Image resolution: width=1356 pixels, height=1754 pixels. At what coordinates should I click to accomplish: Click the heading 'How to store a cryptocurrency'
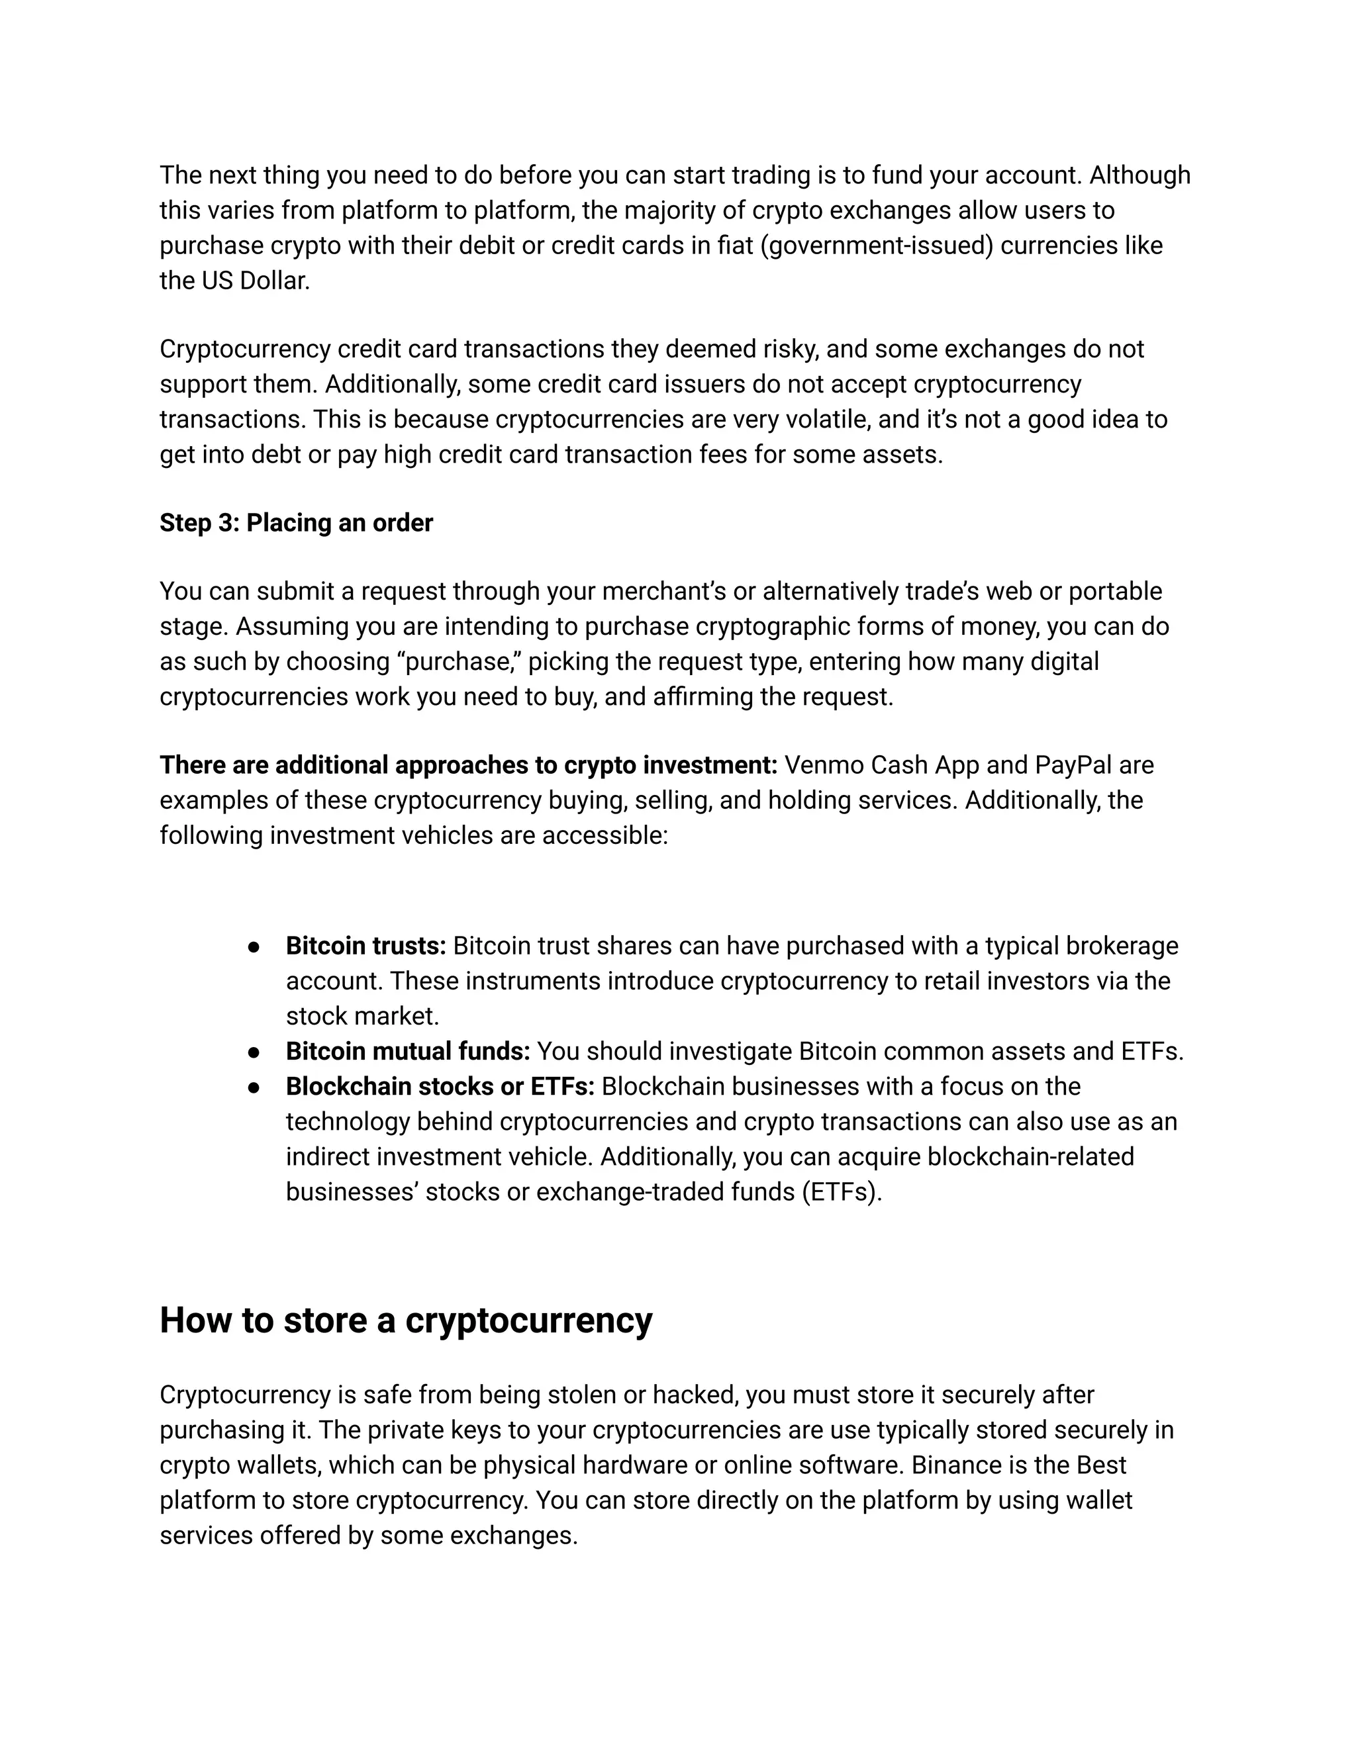click(x=406, y=1320)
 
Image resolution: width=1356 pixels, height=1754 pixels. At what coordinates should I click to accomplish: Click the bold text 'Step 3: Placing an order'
click(x=295, y=523)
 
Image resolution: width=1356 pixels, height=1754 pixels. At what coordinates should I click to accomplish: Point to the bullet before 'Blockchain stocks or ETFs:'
click(x=254, y=1087)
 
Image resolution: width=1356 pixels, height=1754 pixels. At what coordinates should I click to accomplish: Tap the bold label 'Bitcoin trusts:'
click(x=365, y=946)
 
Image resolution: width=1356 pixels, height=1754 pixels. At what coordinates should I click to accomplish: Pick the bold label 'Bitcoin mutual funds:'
click(x=407, y=1051)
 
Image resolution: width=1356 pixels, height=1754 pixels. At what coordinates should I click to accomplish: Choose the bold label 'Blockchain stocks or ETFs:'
click(x=440, y=1087)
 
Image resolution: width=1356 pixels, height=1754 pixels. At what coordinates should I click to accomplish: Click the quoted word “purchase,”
click(x=459, y=662)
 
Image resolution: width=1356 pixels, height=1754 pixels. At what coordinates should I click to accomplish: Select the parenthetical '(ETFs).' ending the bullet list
click(x=841, y=1192)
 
